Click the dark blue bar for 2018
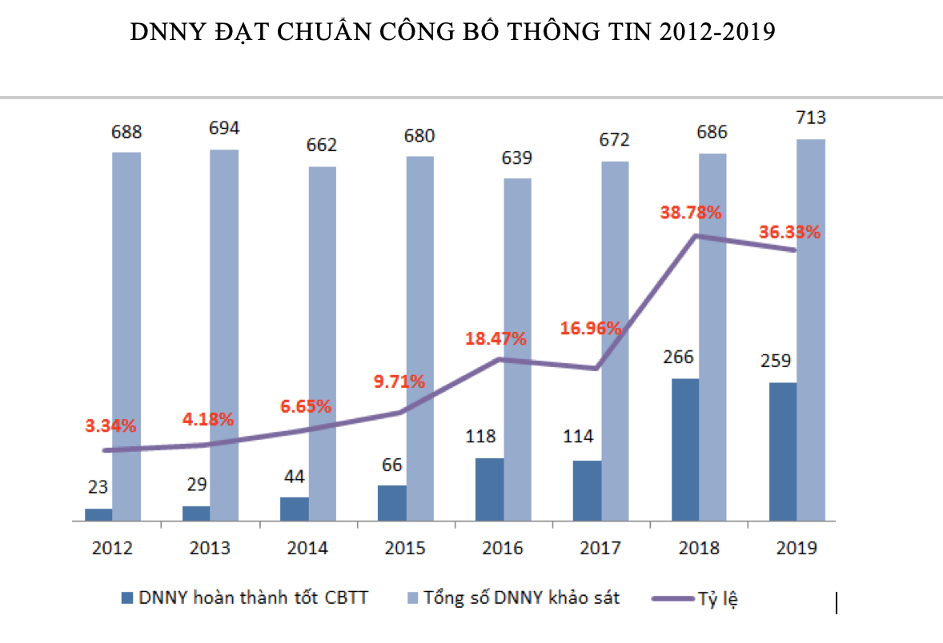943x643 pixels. point(685,449)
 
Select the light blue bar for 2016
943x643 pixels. point(517,349)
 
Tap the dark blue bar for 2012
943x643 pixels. point(99,515)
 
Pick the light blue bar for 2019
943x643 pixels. point(811,329)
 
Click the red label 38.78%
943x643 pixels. point(691,213)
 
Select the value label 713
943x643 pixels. point(811,118)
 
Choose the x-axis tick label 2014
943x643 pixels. point(307,549)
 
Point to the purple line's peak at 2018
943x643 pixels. point(696,236)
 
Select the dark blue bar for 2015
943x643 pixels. point(392,503)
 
